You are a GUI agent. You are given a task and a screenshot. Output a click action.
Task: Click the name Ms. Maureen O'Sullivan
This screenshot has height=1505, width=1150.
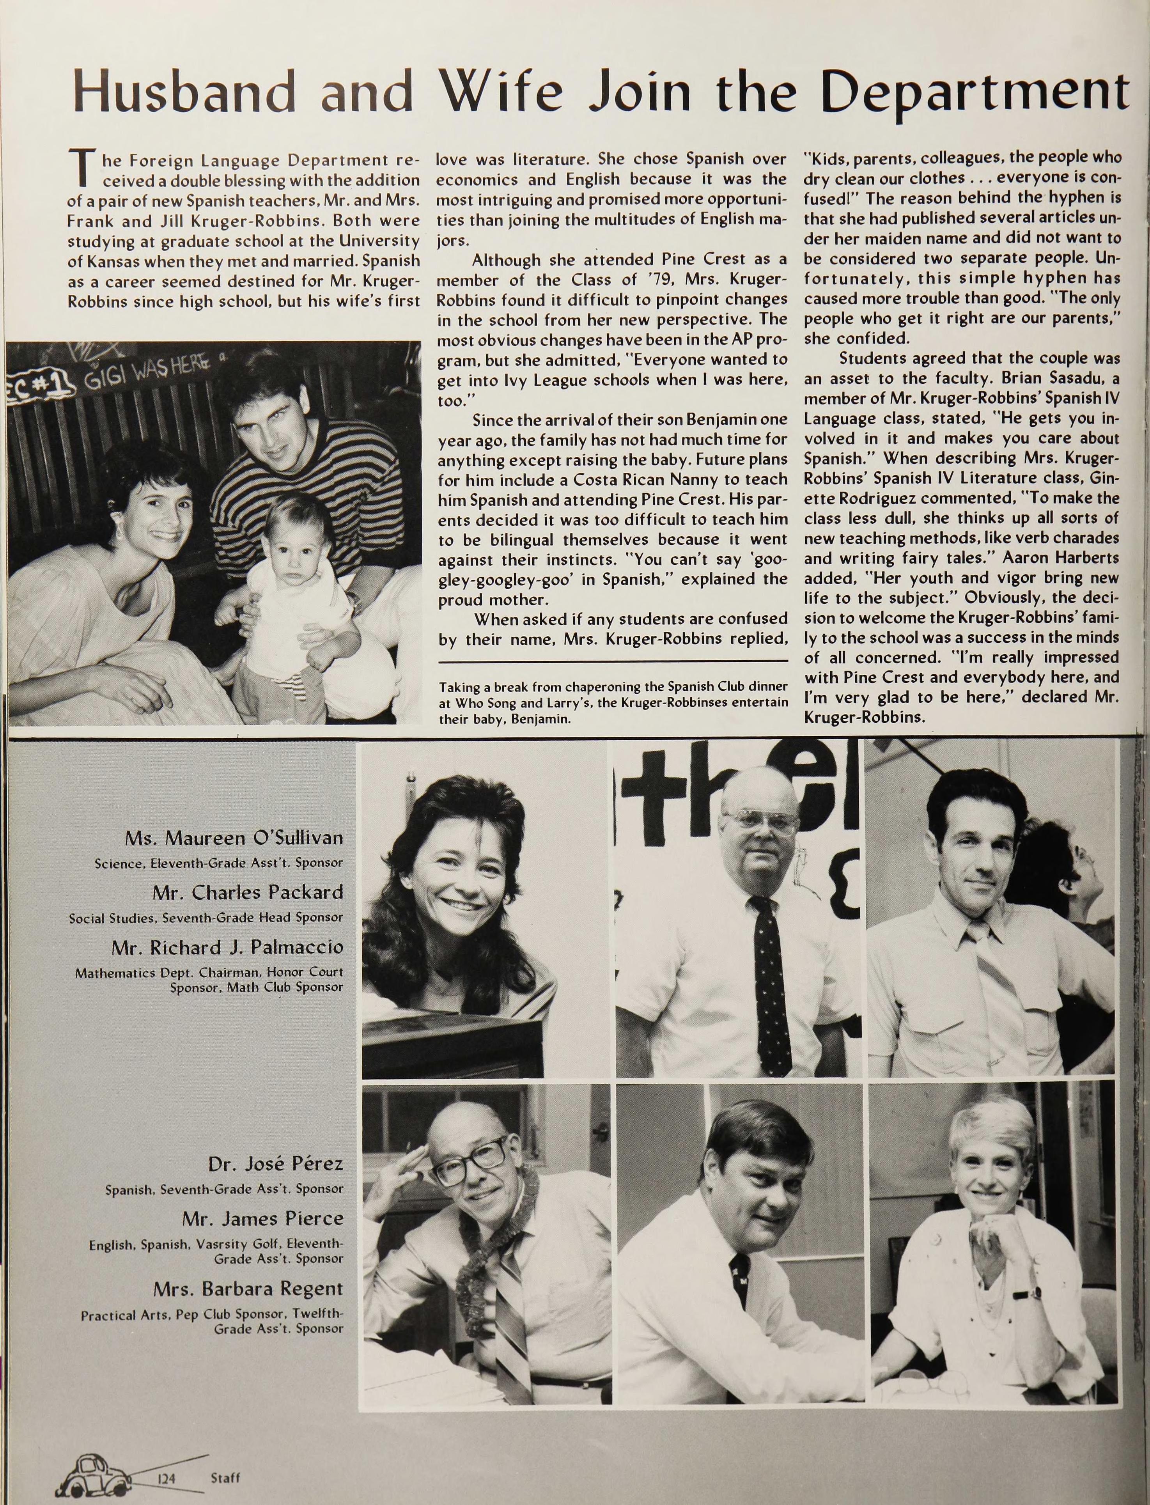tap(234, 838)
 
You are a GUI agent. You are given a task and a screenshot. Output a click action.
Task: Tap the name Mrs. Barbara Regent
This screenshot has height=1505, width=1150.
tap(248, 1289)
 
